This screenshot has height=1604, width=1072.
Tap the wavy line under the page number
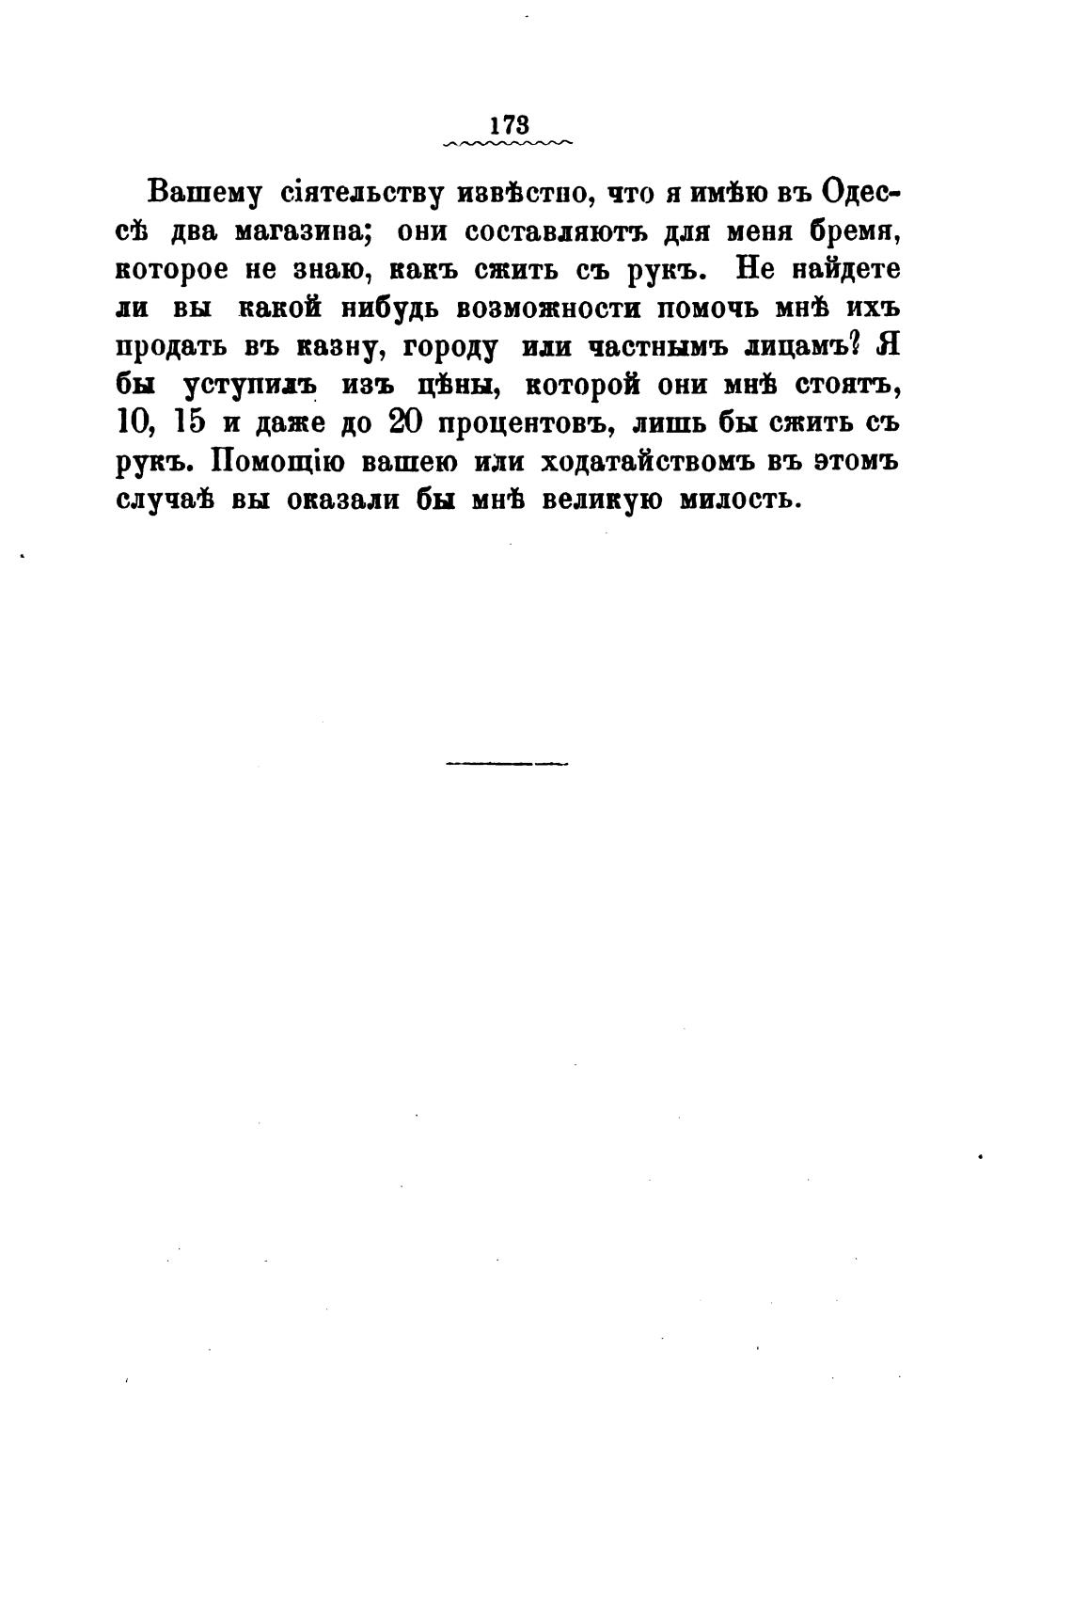[x=508, y=144]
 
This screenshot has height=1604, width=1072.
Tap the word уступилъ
[x=248, y=386]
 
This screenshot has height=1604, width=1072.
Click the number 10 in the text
[x=134, y=423]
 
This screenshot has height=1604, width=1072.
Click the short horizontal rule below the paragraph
[x=506, y=763]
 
